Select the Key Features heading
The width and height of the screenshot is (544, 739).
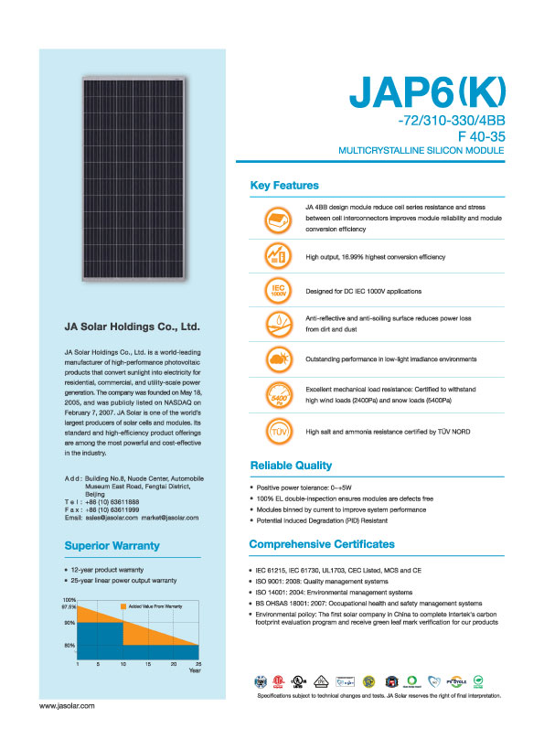[284, 186]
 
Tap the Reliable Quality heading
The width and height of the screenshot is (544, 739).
[291, 465]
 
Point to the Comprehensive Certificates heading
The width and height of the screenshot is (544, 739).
[322, 544]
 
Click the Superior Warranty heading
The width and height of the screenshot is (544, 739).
[112, 546]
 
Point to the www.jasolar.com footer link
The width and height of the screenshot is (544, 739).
[67, 707]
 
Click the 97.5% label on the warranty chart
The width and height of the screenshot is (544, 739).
[69, 607]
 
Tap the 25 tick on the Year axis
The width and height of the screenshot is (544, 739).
[198, 662]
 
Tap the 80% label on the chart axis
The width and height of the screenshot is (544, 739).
[69, 646]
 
